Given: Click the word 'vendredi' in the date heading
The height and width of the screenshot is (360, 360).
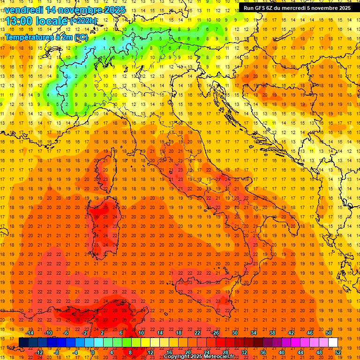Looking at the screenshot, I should point(23,10).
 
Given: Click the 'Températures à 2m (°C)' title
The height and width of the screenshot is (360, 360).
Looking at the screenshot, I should point(46,37).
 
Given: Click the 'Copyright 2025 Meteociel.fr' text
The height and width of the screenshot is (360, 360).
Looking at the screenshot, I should point(199,356).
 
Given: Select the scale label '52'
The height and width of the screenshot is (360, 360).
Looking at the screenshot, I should point(337,352).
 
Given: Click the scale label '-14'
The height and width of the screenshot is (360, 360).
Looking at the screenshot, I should point(29,333).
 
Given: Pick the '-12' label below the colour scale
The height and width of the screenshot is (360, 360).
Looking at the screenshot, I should point(39,352).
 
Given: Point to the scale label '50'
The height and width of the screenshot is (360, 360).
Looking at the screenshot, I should point(328,333).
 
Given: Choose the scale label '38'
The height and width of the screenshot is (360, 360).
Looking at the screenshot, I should point(272,333).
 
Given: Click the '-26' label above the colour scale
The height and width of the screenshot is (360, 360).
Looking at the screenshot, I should point(215,333).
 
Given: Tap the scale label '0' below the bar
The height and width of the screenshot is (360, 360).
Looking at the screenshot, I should point(93,352).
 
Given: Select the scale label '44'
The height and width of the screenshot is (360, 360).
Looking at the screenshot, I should point(300,352).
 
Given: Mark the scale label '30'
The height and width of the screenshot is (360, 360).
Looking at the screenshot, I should point(234,333).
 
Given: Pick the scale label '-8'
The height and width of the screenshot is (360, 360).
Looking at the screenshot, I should point(57,352).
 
